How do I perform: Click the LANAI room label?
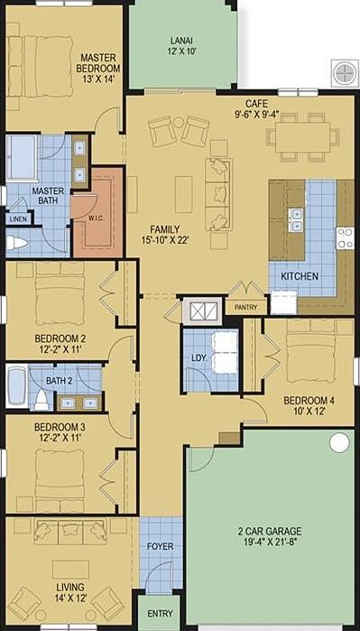(180, 41)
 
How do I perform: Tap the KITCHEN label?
(299, 275)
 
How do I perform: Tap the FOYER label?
(160, 546)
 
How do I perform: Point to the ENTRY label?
(160, 615)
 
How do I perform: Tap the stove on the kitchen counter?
(344, 238)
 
